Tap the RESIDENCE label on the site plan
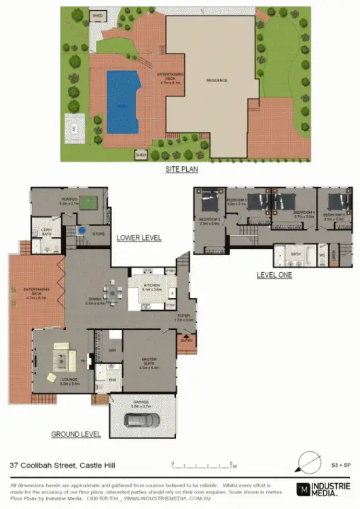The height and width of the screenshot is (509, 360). tap(217, 80)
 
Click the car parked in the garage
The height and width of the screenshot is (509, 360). tap(140, 421)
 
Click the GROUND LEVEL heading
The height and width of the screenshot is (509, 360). tap(76, 434)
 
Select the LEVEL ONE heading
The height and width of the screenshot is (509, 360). tap(274, 275)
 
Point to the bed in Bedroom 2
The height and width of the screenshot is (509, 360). tap(257, 202)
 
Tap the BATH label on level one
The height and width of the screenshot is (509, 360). tap(295, 254)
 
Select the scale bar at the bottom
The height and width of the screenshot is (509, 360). tap(204, 466)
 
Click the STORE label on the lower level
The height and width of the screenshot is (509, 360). tap(97, 233)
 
